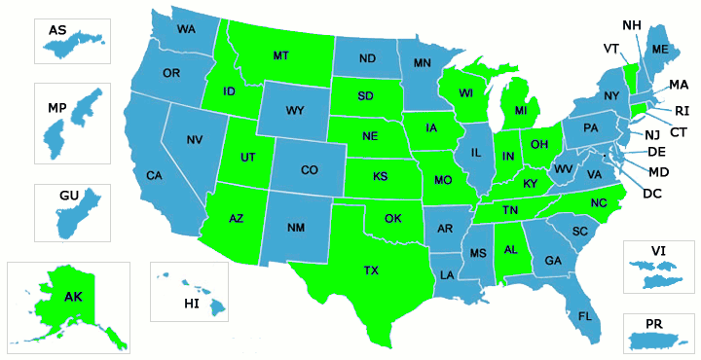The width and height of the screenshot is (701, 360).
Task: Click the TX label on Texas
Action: point(372,270)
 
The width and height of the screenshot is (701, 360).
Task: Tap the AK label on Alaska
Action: point(73,297)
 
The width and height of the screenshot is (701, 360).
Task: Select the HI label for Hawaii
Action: point(191,305)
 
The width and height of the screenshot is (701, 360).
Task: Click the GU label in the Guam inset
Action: point(68,196)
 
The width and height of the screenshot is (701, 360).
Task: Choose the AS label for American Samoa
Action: point(57,30)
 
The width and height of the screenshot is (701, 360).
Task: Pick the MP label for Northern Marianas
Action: point(56,107)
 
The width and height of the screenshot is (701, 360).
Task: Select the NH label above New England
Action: point(631,24)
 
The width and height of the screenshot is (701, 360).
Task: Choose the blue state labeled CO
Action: point(309,170)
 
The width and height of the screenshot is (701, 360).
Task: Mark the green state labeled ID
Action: point(229,91)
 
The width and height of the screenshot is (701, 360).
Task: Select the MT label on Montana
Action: point(281,55)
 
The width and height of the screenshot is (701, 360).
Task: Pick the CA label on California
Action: point(154,175)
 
